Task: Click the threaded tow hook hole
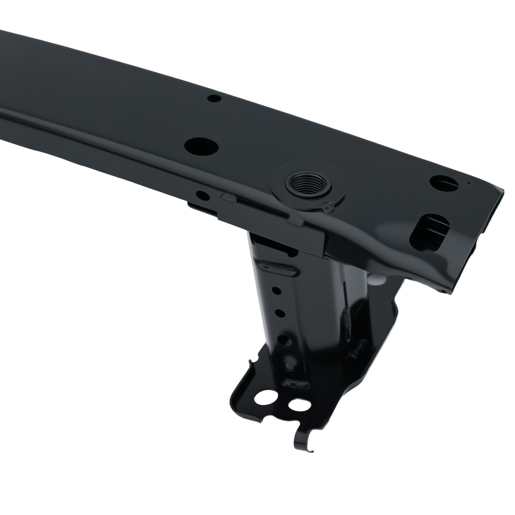tap(308, 183)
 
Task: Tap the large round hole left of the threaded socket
tap(201, 146)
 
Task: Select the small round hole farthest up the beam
tap(214, 98)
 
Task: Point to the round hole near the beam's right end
tap(443, 182)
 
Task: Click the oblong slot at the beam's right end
tap(428, 232)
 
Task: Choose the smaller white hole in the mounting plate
tap(299, 405)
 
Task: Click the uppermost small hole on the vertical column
tap(277, 291)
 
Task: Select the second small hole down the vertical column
tap(280, 313)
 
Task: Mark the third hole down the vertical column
tap(284, 340)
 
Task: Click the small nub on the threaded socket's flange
tap(328, 208)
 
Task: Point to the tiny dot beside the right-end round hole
tap(468, 182)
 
